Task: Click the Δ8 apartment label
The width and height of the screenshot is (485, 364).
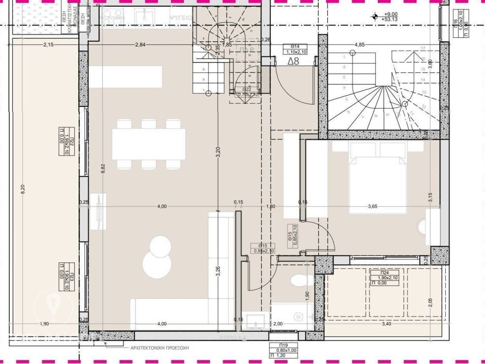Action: (x=294, y=61)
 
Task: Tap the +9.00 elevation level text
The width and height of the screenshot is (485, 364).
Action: (x=391, y=15)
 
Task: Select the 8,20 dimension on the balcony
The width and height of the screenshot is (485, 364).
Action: (x=21, y=189)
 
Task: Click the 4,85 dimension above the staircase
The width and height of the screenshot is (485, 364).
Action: (x=360, y=45)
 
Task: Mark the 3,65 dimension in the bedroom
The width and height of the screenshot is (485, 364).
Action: (x=376, y=206)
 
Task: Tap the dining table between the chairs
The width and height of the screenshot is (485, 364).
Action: (x=148, y=144)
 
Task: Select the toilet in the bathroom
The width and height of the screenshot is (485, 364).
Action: (x=299, y=281)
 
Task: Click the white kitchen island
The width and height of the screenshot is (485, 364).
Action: (x=126, y=76)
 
